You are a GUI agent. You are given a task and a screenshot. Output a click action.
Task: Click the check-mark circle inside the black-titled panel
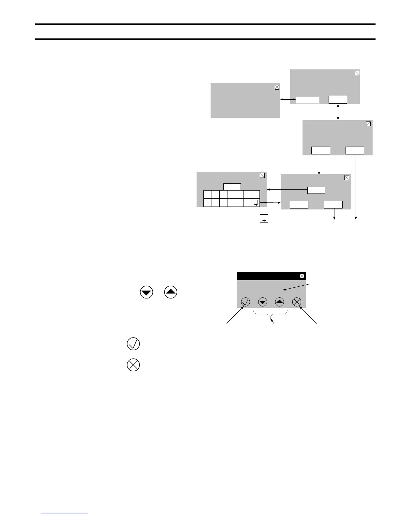pos(245,302)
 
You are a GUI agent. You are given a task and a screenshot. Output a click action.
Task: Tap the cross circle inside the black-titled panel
pos(296,302)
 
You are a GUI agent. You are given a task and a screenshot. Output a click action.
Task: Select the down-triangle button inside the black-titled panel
pos(262,302)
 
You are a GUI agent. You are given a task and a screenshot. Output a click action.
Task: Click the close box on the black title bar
pos(302,276)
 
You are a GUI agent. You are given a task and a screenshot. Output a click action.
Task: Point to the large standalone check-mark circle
pos(133,344)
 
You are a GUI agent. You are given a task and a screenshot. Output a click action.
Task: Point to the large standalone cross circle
pos(133,365)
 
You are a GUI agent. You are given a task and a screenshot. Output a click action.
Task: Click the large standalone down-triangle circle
pos(146,292)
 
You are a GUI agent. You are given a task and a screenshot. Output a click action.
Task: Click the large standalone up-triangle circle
pos(171,292)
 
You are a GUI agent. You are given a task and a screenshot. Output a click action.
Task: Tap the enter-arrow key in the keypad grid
pos(256,203)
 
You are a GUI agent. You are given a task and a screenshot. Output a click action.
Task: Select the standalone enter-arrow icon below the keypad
pos(264,219)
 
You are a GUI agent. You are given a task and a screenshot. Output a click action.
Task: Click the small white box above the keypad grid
pos(232,187)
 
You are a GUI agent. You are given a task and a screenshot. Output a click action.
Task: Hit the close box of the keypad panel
pos(262,176)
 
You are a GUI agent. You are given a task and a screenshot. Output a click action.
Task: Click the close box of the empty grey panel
pos(277,87)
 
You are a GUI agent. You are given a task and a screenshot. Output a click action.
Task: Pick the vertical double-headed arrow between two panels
pos(338,112)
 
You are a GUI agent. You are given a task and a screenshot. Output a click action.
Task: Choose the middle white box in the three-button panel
pos(316,190)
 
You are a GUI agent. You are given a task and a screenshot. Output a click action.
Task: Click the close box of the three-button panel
pos(347,178)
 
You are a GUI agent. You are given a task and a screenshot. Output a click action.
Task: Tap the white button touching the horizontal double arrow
pos(307,100)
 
